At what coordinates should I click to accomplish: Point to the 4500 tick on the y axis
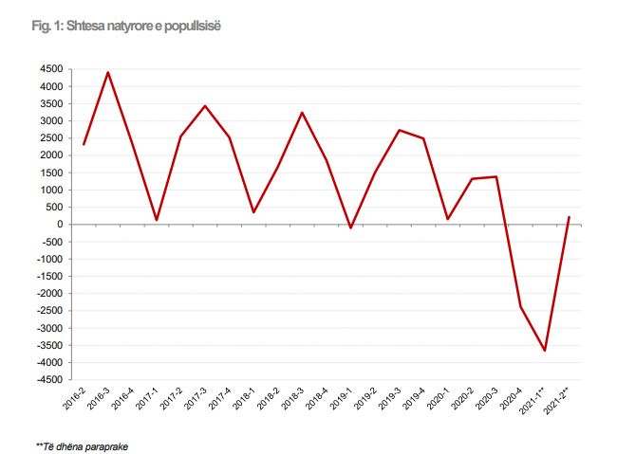tap(52, 69)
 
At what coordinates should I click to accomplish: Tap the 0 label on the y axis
tap(61, 225)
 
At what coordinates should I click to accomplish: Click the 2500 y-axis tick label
tap(52, 138)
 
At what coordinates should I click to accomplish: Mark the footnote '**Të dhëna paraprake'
tap(82, 446)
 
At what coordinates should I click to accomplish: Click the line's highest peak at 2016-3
tap(107, 72)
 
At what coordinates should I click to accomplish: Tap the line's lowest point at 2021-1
tap(544, 351)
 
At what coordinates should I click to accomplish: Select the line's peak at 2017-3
tap(205, 105)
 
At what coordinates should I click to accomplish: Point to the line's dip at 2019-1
tap(350, 228)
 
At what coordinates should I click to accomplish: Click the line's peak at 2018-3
tap(302, 113)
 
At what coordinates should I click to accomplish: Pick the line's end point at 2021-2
tap(568, 217)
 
